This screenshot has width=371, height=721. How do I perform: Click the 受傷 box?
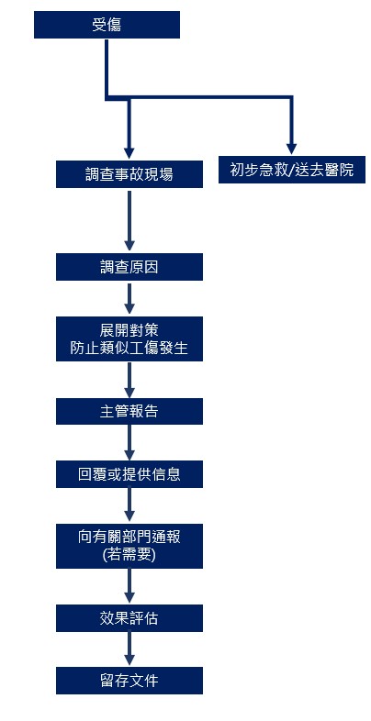point(107,25)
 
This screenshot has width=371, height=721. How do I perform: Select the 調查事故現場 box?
point(129,174)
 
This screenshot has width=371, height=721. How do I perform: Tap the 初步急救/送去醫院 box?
point(292,170)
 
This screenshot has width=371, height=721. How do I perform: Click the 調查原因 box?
point(129,267)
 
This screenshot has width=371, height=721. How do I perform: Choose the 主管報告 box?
point(129,411)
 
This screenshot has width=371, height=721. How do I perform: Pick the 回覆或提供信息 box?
point(129,474)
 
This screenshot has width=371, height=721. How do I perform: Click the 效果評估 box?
point(129,618)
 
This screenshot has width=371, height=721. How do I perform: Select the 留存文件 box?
point(129,681)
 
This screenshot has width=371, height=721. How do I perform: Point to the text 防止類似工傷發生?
point(129,348)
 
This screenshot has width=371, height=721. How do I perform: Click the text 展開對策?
point(129,329)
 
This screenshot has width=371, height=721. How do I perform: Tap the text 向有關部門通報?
point(129,537)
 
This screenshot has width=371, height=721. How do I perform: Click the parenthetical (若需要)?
point(129,555)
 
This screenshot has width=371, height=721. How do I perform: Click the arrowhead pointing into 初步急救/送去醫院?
point(291,149)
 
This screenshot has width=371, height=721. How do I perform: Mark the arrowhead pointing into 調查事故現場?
point(129,153)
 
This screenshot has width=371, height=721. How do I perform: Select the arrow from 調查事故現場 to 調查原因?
point(129,221)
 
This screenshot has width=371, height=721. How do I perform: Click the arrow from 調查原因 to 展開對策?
point(129,298)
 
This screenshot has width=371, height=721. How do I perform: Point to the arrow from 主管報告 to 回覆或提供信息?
point(129,442)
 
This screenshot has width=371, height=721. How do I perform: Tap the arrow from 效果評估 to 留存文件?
point(129,649)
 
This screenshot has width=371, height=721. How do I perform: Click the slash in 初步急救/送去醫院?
point(291,170)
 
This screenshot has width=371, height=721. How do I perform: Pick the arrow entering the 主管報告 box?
point(129,380)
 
